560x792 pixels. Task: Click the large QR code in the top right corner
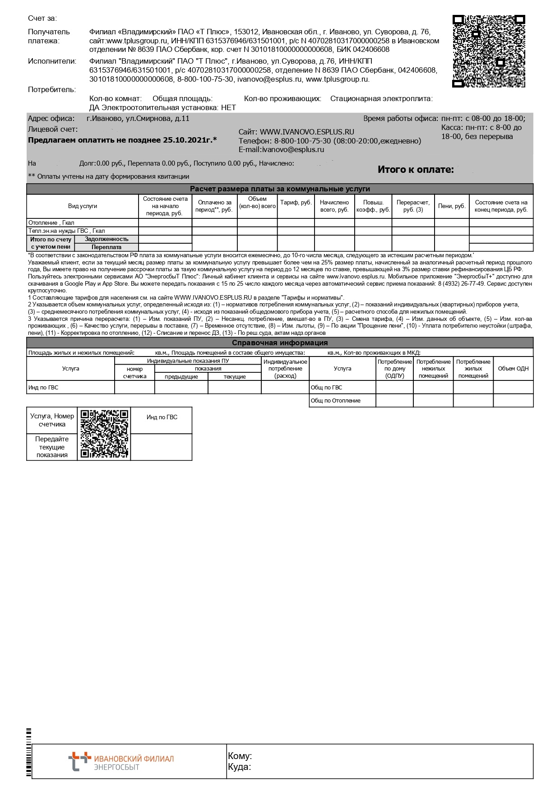pos(489,51)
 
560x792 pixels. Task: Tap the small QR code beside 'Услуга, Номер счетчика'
pos(104,434)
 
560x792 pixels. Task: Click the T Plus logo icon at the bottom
pos(77,761)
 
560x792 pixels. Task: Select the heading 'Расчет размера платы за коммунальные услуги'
pos(280,189)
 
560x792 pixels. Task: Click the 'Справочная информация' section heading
pos(280,343)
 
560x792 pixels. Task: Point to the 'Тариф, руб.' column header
pos(296,203)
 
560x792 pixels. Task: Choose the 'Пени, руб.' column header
pos(452,206)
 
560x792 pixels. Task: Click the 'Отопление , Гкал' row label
pos(51,223)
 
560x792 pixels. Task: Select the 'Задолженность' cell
pos(106,239)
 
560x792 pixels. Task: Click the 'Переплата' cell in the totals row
pos(106,247)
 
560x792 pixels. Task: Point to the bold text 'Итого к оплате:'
pos(416,170)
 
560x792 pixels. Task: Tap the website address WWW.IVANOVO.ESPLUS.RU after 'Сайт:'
pos(307,132)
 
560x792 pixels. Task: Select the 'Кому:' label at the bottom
pos(240,756)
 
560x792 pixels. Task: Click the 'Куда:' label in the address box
pos(240,767)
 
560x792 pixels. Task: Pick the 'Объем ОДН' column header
pos(513,369)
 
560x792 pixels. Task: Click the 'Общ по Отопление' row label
pos(336,401)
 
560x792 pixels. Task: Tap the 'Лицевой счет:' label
pos(53,130)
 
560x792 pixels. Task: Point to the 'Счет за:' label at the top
pos(42,19)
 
